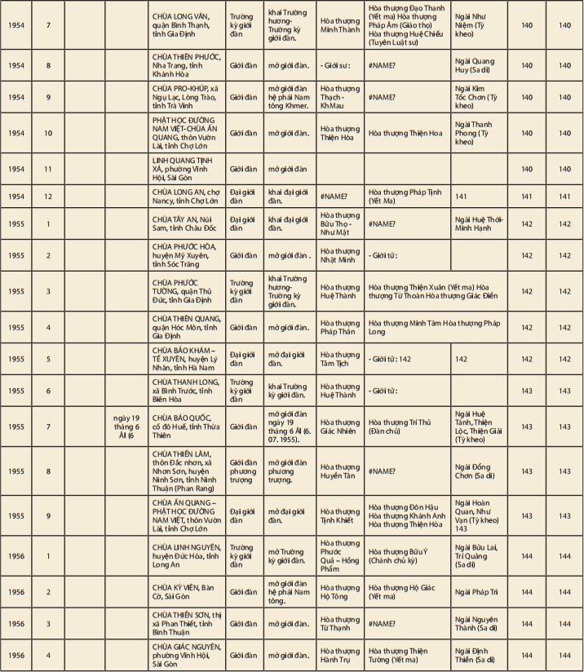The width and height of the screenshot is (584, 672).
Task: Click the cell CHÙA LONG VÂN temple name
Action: click(187, 25)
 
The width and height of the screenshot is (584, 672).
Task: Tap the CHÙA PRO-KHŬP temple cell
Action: click(187, 97)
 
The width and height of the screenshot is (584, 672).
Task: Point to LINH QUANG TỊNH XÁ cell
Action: click(187, 169)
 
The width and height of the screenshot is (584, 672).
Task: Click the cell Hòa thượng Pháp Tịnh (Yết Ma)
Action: click(406, 197)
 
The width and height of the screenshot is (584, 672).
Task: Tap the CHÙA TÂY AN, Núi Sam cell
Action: click(187, 223)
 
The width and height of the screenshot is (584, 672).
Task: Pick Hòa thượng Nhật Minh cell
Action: click(339, 255)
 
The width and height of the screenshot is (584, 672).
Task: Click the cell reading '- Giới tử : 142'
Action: click(406, 358)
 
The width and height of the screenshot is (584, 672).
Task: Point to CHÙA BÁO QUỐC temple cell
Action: click(187, 426)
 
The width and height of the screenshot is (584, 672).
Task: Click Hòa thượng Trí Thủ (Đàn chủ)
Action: click(406, 426)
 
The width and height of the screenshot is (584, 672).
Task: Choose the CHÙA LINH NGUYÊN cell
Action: click(187, 555)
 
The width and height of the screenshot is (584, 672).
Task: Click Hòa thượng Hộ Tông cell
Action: click(339, 592)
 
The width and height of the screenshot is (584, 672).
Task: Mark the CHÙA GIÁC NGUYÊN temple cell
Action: click(187, 655)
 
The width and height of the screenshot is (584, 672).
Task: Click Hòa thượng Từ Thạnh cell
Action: click(339, 624)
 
